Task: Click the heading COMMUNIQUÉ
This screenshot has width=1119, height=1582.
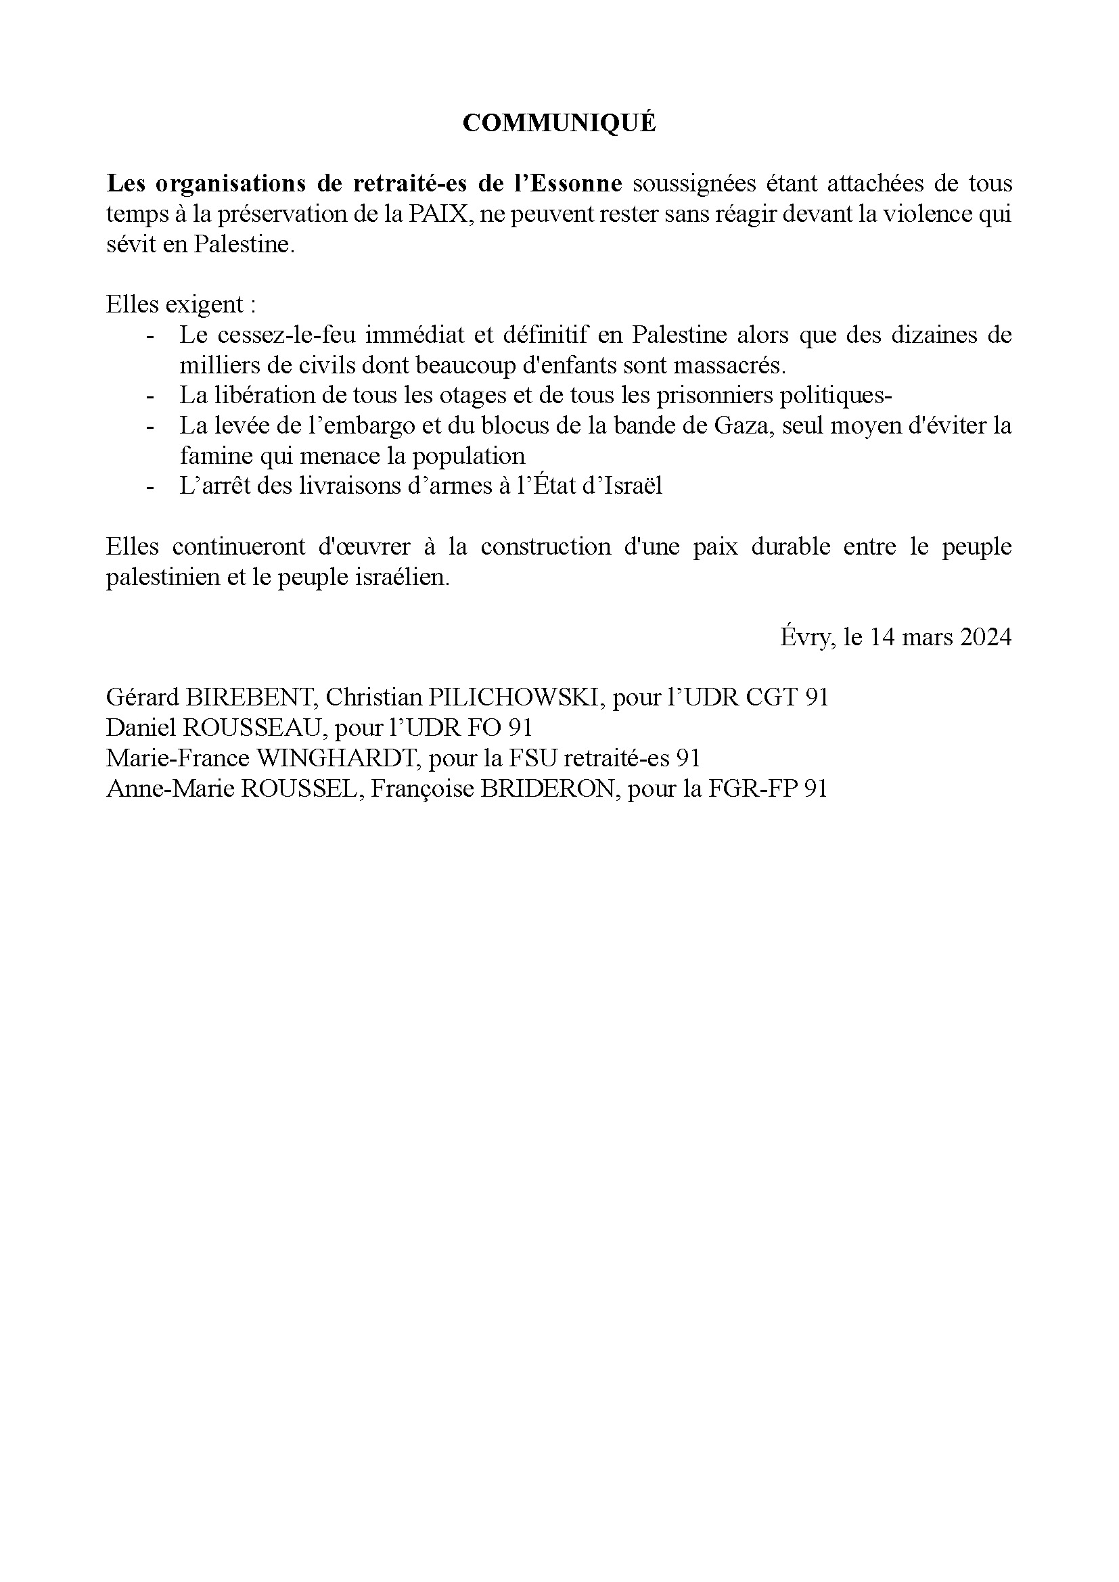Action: [x=559, y=123]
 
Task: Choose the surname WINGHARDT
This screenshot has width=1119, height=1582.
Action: [x=339, y=758]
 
